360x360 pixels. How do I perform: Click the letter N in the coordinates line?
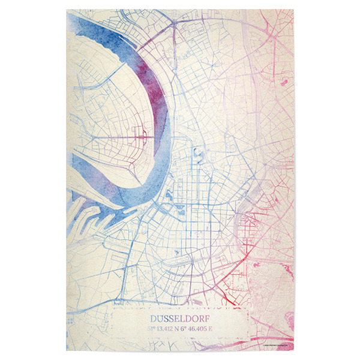pos(176,328)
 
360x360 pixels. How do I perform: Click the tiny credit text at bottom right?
pos(274,344)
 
